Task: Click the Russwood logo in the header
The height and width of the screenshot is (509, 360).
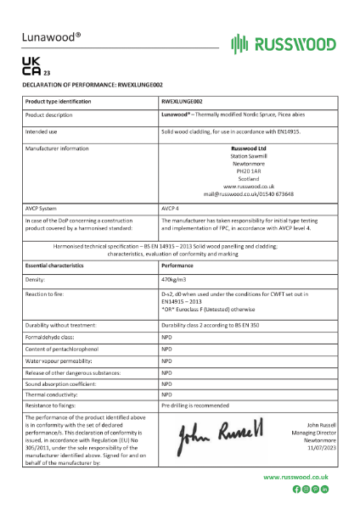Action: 283,43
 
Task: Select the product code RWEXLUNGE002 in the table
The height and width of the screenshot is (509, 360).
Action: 180,101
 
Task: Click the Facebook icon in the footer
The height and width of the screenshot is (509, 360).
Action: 296,489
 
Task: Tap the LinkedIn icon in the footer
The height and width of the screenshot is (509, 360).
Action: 325,489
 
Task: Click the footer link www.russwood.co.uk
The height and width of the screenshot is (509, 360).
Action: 295,478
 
